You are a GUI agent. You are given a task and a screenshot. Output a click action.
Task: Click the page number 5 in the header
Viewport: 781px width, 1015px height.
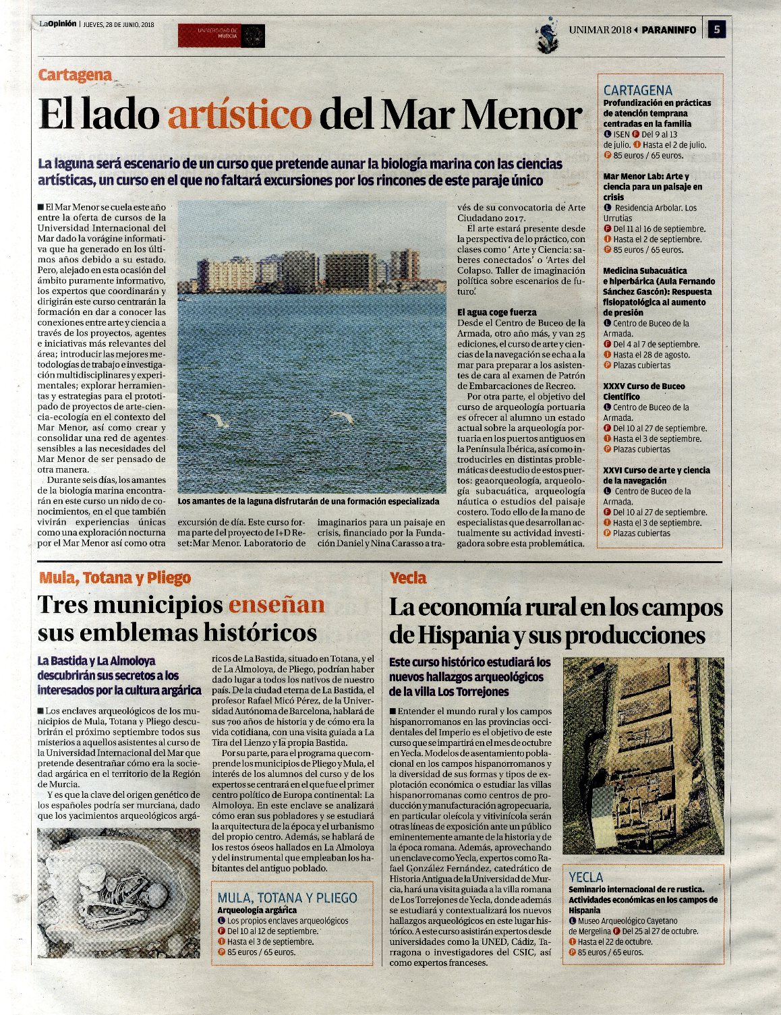coord(716,30)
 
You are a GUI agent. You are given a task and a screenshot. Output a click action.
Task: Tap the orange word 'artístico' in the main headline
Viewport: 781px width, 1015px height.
coord(239,115)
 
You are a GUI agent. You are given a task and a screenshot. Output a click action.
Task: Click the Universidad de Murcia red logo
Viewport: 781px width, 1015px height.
coord(221,36)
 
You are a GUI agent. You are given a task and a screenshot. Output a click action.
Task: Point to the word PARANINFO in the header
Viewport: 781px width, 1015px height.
coord(668,30)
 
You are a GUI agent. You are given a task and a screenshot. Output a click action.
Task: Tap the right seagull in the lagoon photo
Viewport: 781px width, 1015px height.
coord(341,417)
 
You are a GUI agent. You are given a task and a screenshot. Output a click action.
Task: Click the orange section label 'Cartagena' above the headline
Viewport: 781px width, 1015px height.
coord(75,75)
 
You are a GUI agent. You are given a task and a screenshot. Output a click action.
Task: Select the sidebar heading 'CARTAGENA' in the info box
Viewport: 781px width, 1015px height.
coord(637,90)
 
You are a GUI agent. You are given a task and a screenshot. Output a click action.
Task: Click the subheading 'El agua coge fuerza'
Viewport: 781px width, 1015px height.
coord(497,312)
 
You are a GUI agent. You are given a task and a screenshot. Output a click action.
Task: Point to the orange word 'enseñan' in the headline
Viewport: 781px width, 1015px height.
coord(277,604)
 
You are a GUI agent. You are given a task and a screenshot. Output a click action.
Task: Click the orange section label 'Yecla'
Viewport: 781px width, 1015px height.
coord(408,578)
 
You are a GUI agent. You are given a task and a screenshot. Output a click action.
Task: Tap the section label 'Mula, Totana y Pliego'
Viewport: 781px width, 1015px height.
coord(115,578)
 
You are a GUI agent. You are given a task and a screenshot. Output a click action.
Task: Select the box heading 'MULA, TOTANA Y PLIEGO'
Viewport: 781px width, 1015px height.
coord(287,898)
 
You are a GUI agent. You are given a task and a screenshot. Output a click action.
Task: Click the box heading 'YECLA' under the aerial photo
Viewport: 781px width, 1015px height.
coord(586,877)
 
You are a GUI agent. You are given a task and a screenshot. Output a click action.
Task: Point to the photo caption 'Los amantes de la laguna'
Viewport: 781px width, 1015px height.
coord(308,502)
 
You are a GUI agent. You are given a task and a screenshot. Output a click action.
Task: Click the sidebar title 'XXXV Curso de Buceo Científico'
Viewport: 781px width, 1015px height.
coord(643,392)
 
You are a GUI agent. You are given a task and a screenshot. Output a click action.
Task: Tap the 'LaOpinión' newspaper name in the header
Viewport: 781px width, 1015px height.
coord(57,24)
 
